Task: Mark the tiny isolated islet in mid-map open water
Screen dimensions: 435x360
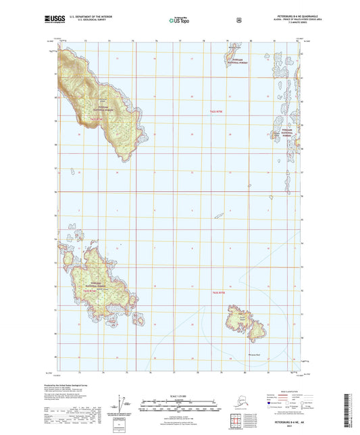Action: click(x=219, y=216)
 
